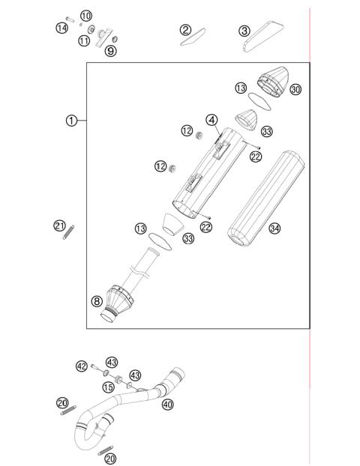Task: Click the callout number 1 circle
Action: click(x=70, y=121)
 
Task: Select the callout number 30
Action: click(x=295, y=90)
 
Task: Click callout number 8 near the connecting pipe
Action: click(x=97, y=301)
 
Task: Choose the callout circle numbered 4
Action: click(x=212, y=120)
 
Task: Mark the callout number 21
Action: click(x=59, y=226)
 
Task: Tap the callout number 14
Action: click(x=61, y=28)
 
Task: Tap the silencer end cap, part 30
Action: click(x=274, y=79)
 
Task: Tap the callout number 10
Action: click(x=86, y=16)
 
